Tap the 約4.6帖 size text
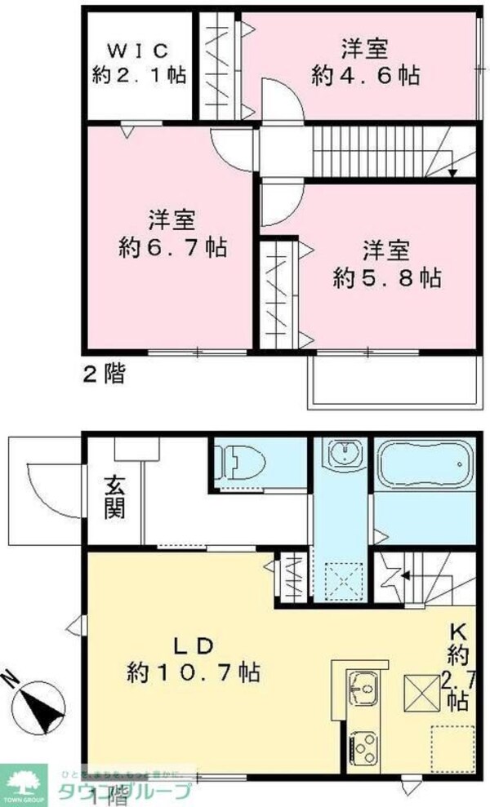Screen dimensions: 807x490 366,76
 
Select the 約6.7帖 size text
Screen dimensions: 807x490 172,246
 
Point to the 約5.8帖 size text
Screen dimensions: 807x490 387,277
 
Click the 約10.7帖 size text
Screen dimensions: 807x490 194,672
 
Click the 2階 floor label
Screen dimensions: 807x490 104,375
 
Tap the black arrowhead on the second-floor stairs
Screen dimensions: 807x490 452,172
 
